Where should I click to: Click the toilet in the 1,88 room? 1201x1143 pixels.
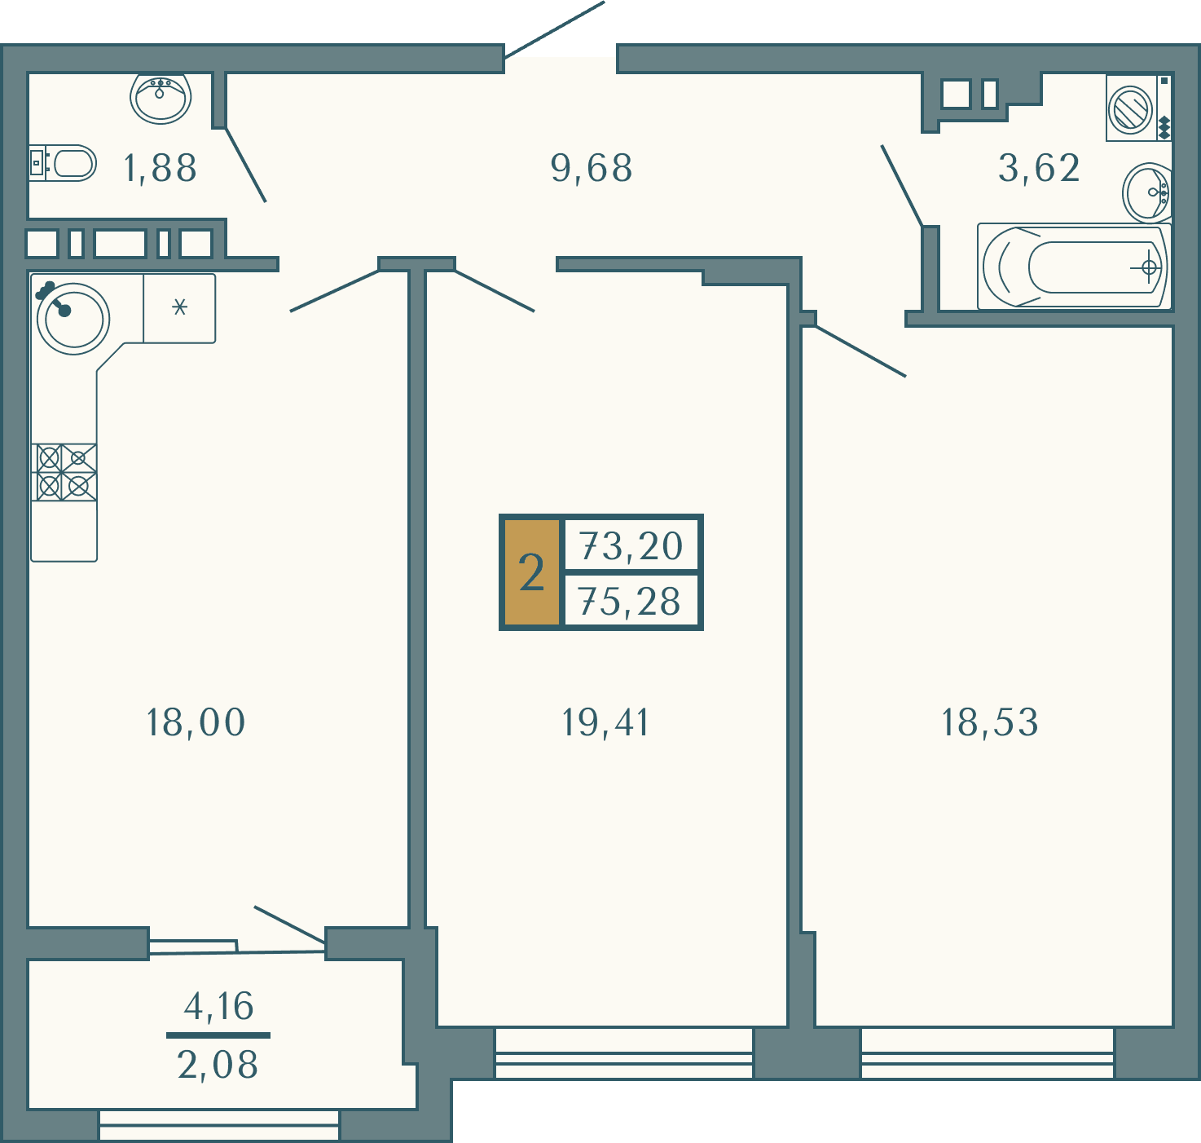click(x=63, y=163)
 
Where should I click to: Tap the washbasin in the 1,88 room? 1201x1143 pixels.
click(x=161, y=98)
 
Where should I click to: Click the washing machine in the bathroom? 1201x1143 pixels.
click(x=1138, y=108)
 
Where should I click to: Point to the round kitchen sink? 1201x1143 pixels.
click(x=73, y=319)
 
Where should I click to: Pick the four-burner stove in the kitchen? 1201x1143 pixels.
click(x=64, y=473)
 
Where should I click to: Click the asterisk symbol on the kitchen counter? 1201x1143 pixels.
click(x=179, y=307)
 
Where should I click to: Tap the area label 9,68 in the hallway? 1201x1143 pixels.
click(x=592, y=168)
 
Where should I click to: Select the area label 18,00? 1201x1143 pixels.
click(x=196, y=722)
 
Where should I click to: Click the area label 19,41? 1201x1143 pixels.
click(x=605, y=722)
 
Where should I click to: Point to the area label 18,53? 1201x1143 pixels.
click(x=990, y=722)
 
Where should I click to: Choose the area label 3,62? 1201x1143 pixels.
click(x=1039, y=168)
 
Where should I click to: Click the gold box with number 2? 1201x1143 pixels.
click(x=532, y=572)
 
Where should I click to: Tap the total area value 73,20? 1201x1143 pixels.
click(x=631, y=546)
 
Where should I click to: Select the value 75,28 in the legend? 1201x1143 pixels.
click(x=630, y=601)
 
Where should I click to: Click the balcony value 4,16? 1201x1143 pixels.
click(x=218, y=1007)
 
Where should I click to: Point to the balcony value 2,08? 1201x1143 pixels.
click(x=218, y=1066)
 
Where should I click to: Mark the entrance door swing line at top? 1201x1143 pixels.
click(x=554, y=29)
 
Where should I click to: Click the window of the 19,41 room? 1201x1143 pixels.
click(x=623, y=1053)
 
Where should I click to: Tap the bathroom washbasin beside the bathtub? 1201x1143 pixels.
click(x=1146, y=192)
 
